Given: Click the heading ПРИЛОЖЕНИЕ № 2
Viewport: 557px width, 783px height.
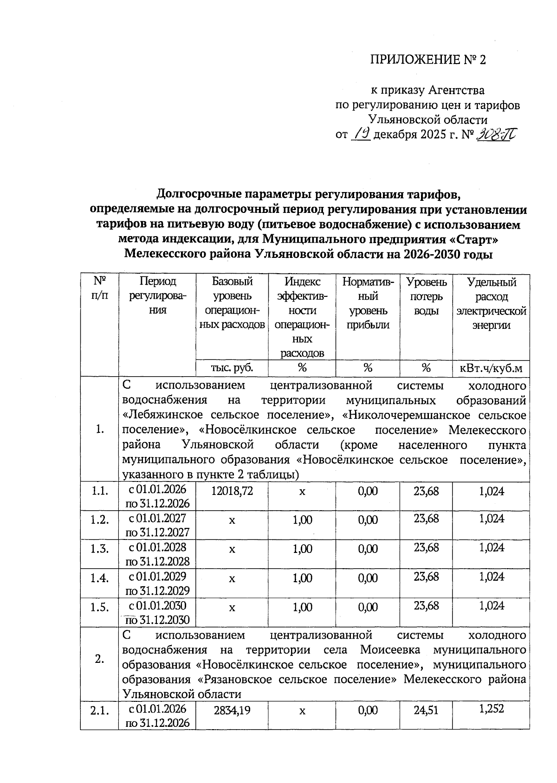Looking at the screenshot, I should (427, 60).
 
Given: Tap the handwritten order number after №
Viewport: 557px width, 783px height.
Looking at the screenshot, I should (497, 135).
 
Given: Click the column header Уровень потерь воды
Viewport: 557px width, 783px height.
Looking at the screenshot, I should (426, 296).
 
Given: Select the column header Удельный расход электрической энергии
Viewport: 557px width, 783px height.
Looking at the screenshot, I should (491, 303).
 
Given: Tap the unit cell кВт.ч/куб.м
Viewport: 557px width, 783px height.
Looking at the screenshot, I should (491, 368).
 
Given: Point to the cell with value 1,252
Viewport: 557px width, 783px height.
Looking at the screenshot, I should (491, 709).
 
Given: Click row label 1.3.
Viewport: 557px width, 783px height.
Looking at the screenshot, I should (99, 549).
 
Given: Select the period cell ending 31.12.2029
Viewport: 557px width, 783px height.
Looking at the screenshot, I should (157, 584).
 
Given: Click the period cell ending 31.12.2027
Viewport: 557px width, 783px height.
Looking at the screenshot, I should (157, 525).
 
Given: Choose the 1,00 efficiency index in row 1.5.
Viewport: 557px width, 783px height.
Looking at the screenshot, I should (302, 607).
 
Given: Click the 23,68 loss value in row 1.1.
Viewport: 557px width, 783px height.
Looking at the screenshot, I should (426, 491).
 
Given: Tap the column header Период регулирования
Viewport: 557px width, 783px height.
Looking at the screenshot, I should (157, 296).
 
